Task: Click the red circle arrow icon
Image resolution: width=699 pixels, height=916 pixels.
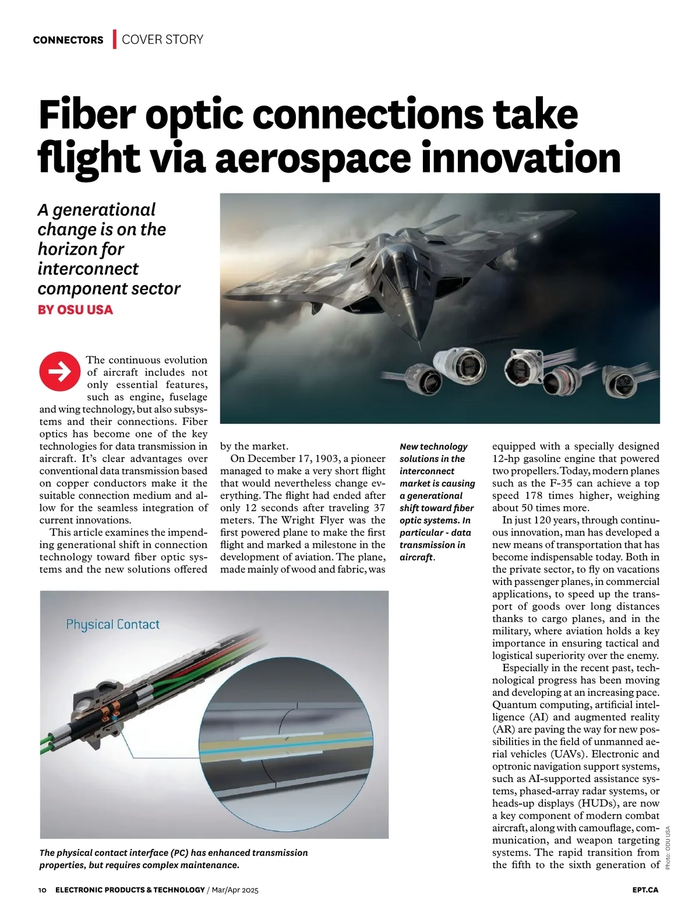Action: pos(59,372)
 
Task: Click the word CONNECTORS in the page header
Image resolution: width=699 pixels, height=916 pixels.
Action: pos(68,40)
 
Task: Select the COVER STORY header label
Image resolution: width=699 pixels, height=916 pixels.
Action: pos(163,40)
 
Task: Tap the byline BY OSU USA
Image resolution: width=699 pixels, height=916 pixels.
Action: pos(75,309)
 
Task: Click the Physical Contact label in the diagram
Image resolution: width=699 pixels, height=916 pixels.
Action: pos(112,625)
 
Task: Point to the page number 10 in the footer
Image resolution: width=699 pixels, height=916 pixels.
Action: pos(42,890)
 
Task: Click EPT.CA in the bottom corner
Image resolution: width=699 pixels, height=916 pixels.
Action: pos(645,890)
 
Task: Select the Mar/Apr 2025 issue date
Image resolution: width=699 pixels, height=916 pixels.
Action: pos(235,890)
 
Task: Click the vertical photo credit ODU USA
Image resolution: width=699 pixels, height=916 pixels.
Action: pos(668,848)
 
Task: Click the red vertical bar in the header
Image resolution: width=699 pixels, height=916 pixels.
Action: pos(115,39)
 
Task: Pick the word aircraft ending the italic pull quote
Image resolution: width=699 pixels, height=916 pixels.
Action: pos(416,557)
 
